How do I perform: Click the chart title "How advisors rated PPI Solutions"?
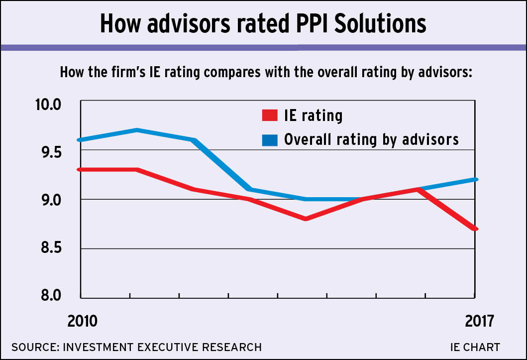(x=263, y=23)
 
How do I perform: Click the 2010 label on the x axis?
(x=83, y=321)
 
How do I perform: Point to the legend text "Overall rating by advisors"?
(x=371, y=139)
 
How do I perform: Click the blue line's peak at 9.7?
(x=136, y=130)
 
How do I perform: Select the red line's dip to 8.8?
(x=305, y=219)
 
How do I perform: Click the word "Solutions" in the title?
(x=377, y=23)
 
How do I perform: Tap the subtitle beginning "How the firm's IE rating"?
(x=265, y=72)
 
